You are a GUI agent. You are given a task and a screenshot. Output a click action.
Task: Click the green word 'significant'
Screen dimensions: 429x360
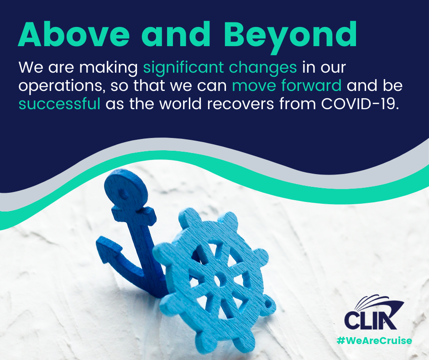click(183, 68)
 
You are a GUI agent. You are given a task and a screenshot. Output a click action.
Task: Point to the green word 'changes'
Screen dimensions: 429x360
click(263, 68)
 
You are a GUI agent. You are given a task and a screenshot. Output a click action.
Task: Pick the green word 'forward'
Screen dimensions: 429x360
click(311, 85)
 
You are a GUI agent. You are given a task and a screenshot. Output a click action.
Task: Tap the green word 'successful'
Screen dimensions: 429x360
click(59, 104)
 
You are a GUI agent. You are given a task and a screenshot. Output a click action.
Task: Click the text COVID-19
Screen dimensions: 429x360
click(360, 104)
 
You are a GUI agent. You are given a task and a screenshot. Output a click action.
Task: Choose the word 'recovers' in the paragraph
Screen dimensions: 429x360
click(240, 104)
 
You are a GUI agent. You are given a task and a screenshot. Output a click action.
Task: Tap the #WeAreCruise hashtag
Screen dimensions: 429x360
click(374, 340)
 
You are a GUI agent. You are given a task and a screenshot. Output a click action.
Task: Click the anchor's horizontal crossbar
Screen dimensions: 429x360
click(134, 214)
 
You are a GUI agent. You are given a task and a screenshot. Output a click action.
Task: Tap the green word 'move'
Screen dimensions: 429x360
click(254, 86)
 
